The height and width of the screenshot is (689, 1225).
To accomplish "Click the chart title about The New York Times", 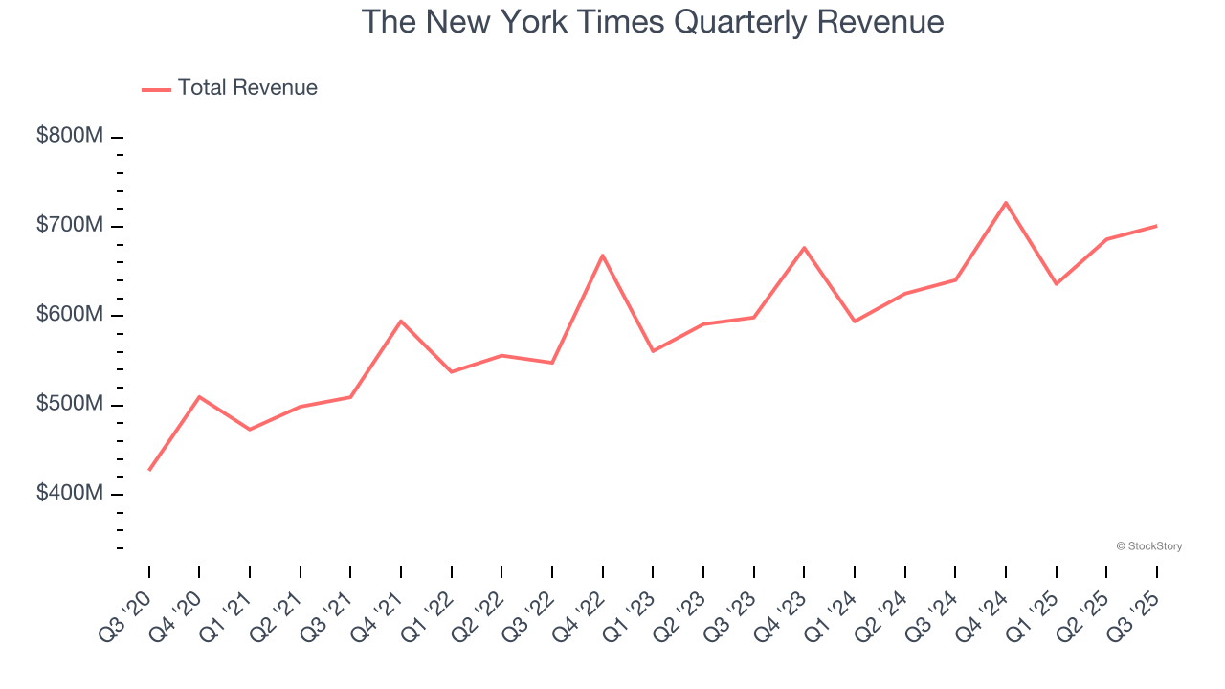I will (x=653, y=22).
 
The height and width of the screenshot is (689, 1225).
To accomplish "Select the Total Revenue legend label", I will (x=247, y=88).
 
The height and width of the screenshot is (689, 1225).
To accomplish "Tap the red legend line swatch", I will (x=156, y=89).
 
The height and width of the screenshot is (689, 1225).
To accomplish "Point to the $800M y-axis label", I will (x=70, y=136).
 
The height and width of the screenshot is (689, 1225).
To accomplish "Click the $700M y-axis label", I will (x=70, y=226).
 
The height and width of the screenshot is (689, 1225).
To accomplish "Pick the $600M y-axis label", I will (x=70, y=315).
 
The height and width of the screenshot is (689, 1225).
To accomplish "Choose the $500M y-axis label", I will (x=70, y=405).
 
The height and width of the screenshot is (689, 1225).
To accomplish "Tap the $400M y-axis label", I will (x=70, y=494).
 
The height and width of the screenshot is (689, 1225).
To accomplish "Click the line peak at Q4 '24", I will (x=1006, y=202).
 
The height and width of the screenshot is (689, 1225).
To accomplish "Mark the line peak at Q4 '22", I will (x=603, y=255).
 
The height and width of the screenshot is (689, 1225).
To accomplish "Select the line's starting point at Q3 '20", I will (x=149, y=470).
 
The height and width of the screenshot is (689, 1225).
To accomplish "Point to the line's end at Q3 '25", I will (x=1156, y=226).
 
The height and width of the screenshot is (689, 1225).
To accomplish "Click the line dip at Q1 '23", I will (x=653, y=351).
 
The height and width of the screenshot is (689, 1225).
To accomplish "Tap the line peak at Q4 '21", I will (x=401, y=321).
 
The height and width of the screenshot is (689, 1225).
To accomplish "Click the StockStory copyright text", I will (x=1148, y=546).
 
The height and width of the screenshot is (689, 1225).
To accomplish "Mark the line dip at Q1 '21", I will (x=250, y=429).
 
